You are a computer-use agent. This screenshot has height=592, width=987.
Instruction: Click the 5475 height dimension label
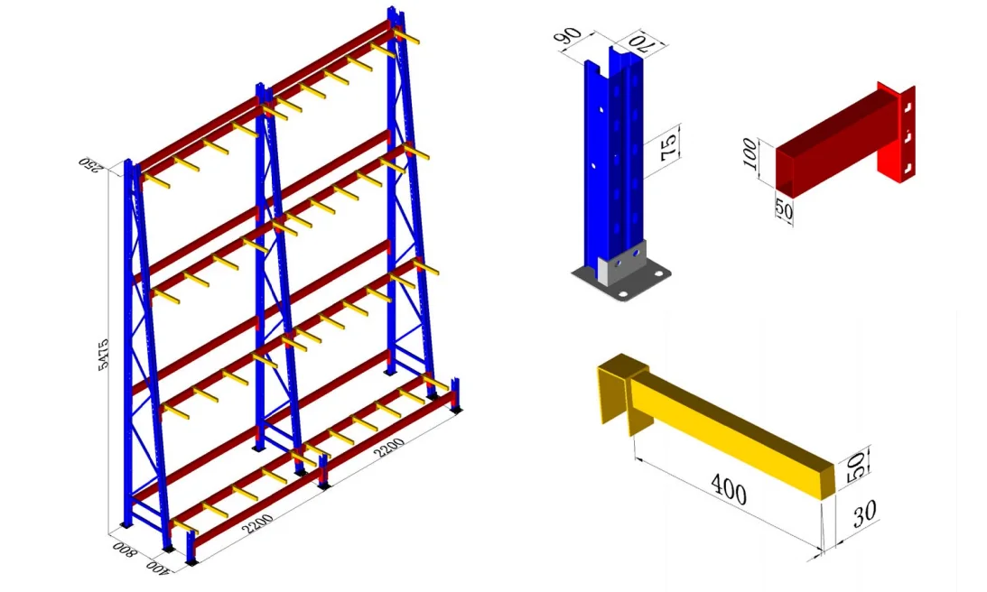[x=104, y=356]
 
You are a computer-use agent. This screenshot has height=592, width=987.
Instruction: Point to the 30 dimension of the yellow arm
[x=864, y=514]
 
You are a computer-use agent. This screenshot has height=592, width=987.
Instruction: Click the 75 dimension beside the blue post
[x=669, y=144]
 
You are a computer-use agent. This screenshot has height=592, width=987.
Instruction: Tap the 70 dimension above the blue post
[x=634, y=42]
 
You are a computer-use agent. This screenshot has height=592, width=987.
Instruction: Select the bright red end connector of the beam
[x=898, y=135]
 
